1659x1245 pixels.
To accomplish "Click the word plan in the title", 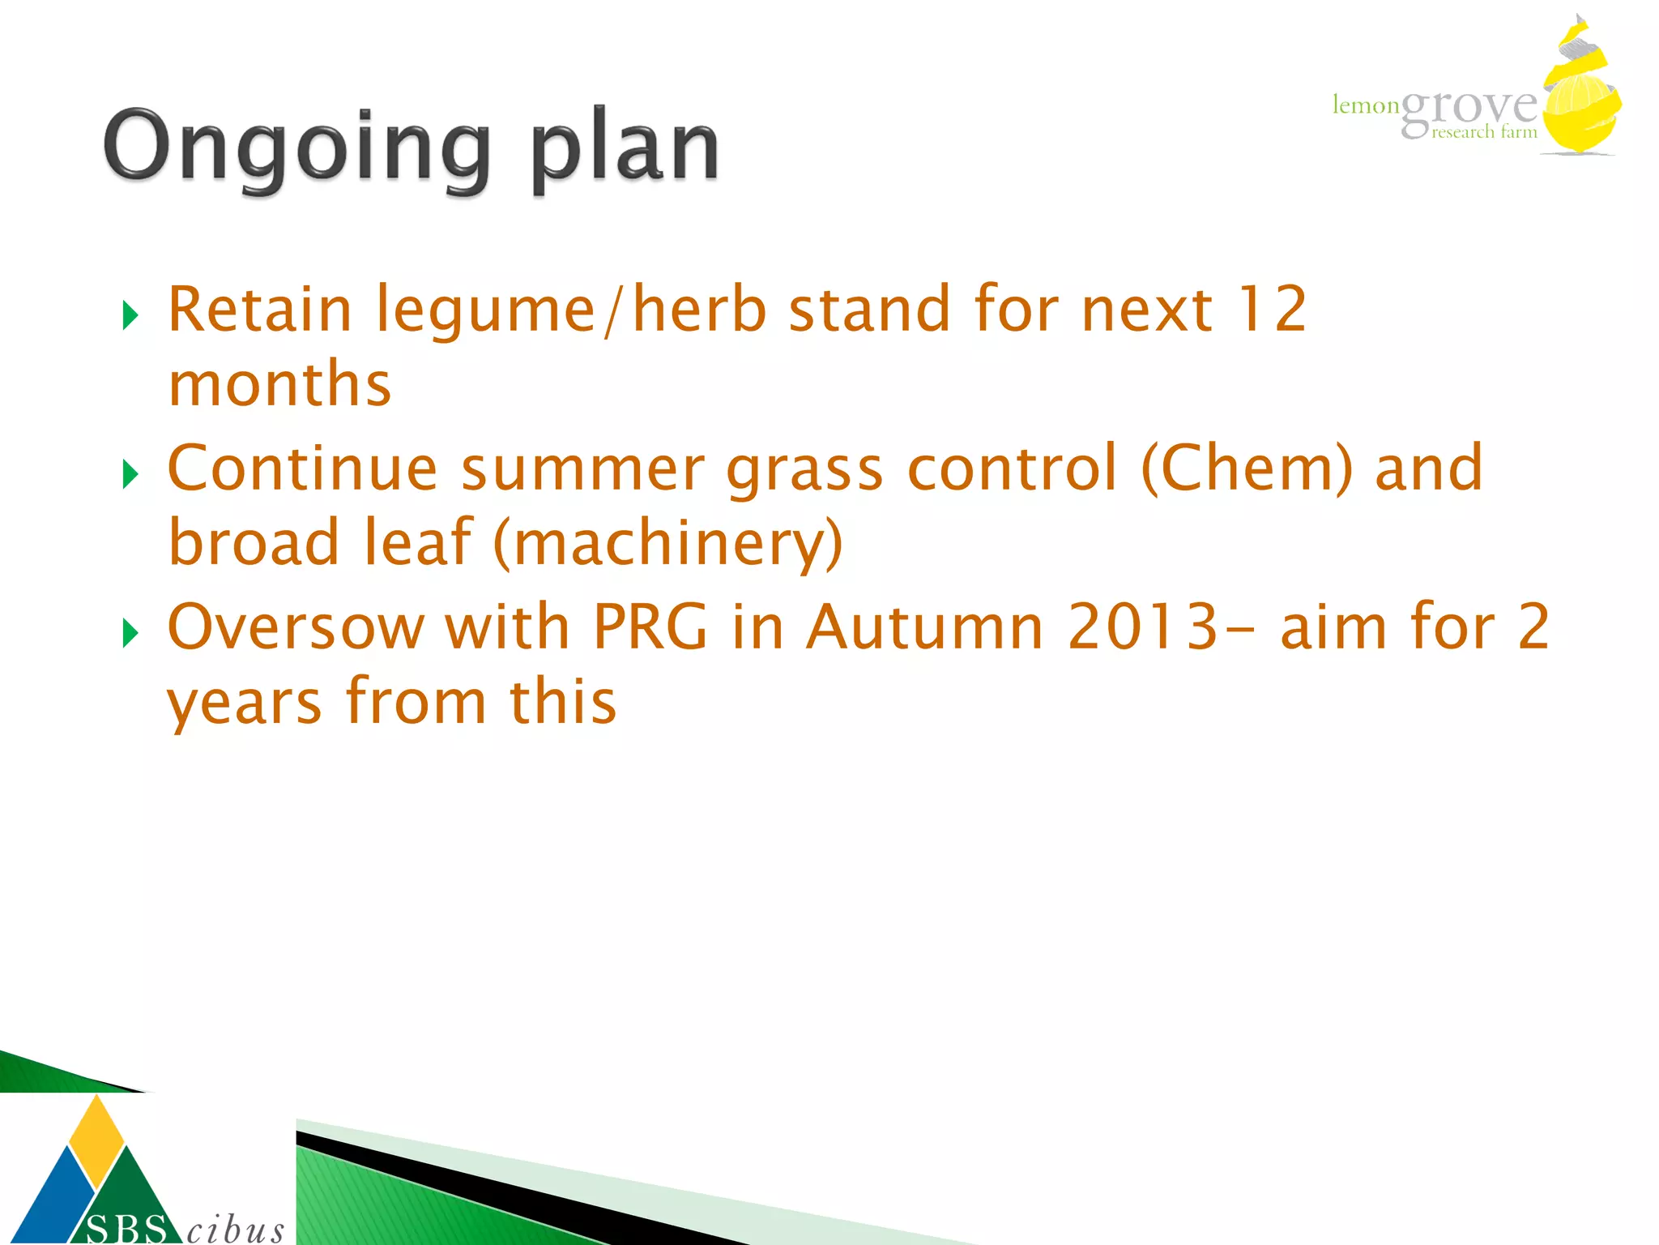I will click(625, 150).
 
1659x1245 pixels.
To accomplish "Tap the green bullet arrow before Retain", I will click(130, 315).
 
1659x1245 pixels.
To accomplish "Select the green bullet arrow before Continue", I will click(130, 474).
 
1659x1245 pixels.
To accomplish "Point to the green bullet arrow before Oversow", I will click(130, 632).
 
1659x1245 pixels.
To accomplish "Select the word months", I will click(279, 384).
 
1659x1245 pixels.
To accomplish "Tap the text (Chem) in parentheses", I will click(1247, 469).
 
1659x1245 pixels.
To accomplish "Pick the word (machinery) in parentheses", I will click(667, 544).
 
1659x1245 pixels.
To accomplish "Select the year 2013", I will click(1143, 627).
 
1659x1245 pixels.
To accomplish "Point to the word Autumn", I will click(925, 627).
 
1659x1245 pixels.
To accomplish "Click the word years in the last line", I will click(244, 704).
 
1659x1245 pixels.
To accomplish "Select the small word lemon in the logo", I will click(1366, 105).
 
